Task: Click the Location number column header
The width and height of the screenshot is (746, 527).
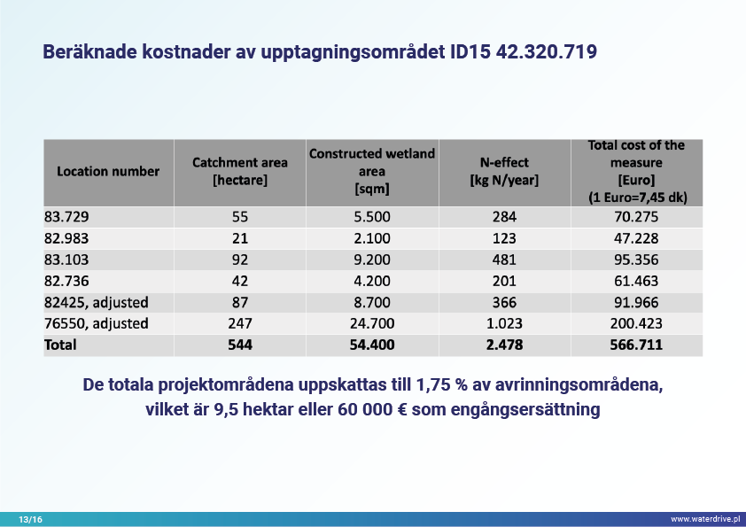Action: (108, 171)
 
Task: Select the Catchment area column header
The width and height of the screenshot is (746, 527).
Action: (240, 171)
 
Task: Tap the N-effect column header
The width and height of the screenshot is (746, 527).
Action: (504, 171)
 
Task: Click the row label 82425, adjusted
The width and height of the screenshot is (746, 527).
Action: (97, 302)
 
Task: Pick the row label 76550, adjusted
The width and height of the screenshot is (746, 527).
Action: (97, 323)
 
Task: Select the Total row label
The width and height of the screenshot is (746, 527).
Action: (60, 345)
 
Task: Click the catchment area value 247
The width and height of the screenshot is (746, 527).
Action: (240, 323)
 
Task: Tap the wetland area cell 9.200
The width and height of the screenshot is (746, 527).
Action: (372, 260)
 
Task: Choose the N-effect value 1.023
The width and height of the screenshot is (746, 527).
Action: (504, 323)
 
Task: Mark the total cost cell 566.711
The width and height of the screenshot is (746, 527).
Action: (636, 345)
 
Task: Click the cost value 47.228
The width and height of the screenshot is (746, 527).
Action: (636, 238)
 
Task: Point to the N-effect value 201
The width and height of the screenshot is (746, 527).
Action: (504, 281)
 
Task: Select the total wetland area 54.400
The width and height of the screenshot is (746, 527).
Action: (372, 345)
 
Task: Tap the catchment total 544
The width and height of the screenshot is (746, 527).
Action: (240, 345)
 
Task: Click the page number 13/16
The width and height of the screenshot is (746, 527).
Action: (30, 518)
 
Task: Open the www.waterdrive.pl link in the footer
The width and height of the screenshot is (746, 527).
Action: (704, 518)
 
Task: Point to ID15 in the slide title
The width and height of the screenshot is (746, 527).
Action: (462, 53)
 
